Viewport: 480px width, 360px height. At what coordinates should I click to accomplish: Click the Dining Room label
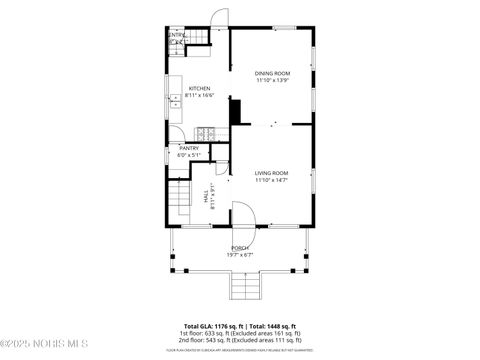click(272, 73)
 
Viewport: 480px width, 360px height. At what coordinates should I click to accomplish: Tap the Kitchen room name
click(199, 88)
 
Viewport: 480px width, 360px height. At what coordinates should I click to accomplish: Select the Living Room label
click(271, 173)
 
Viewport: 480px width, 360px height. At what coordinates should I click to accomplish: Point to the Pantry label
click(189, 148)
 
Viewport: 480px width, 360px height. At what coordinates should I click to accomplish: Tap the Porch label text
click(240, 247)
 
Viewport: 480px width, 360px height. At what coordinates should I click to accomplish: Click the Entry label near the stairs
click(176, 35)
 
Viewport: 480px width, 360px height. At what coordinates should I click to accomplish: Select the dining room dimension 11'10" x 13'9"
click(272, 80)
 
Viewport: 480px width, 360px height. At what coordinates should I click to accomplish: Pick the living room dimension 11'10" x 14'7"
click(271, 180)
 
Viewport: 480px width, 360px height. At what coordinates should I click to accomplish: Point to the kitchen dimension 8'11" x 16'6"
click(200, 95)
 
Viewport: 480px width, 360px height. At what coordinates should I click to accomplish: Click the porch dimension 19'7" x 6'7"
click(240, 254)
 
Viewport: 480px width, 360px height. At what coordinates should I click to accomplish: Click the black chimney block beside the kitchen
click(236, 111)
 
